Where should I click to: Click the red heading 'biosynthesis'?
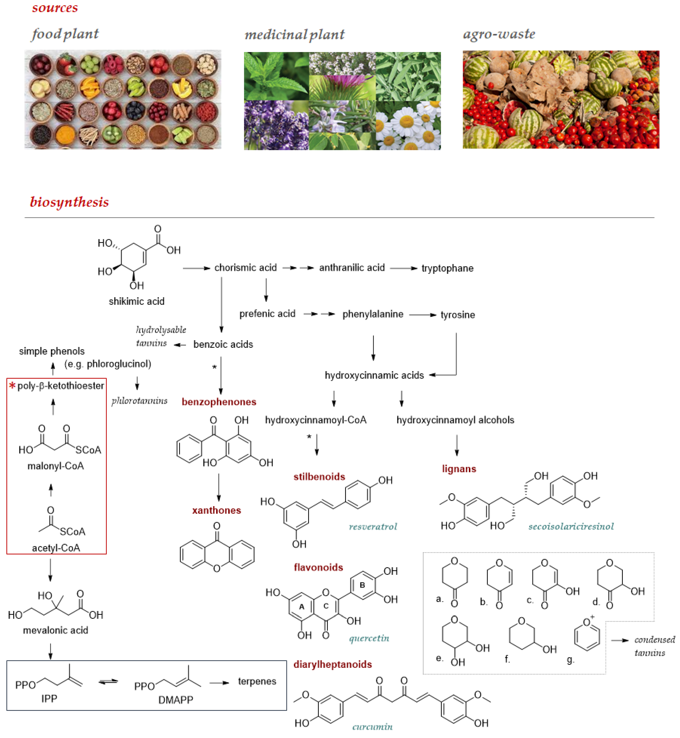pyautogui.click(x=69, y=202)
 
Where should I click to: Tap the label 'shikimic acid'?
pyautogui.click(x=137, y=301)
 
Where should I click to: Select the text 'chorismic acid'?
pyautogui.click(x=245, y=268)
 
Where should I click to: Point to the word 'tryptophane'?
pyautogui.click(x=447, y=268)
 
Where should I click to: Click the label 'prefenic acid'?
pyautogui.click(x=267, y=314)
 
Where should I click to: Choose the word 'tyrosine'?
pyautogui.click(x=457, y=315)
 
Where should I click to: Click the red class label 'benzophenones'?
pyautogui.click(x=219, y=402)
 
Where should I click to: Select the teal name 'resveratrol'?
pyautogui.click(x=373, y=527)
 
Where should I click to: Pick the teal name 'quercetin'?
pyautogui.click(x=369, y=638)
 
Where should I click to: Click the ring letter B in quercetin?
pyautogui.click(x=362, y=585)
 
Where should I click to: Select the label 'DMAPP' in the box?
pyautogui.click(x=175, y=700)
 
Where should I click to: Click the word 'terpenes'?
pyautogui.click(x=257, y=681)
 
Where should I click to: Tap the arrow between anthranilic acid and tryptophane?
pyautogui.click(x=403, y=268)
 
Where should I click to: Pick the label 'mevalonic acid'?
pyautogui.click(x=56, y=630)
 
